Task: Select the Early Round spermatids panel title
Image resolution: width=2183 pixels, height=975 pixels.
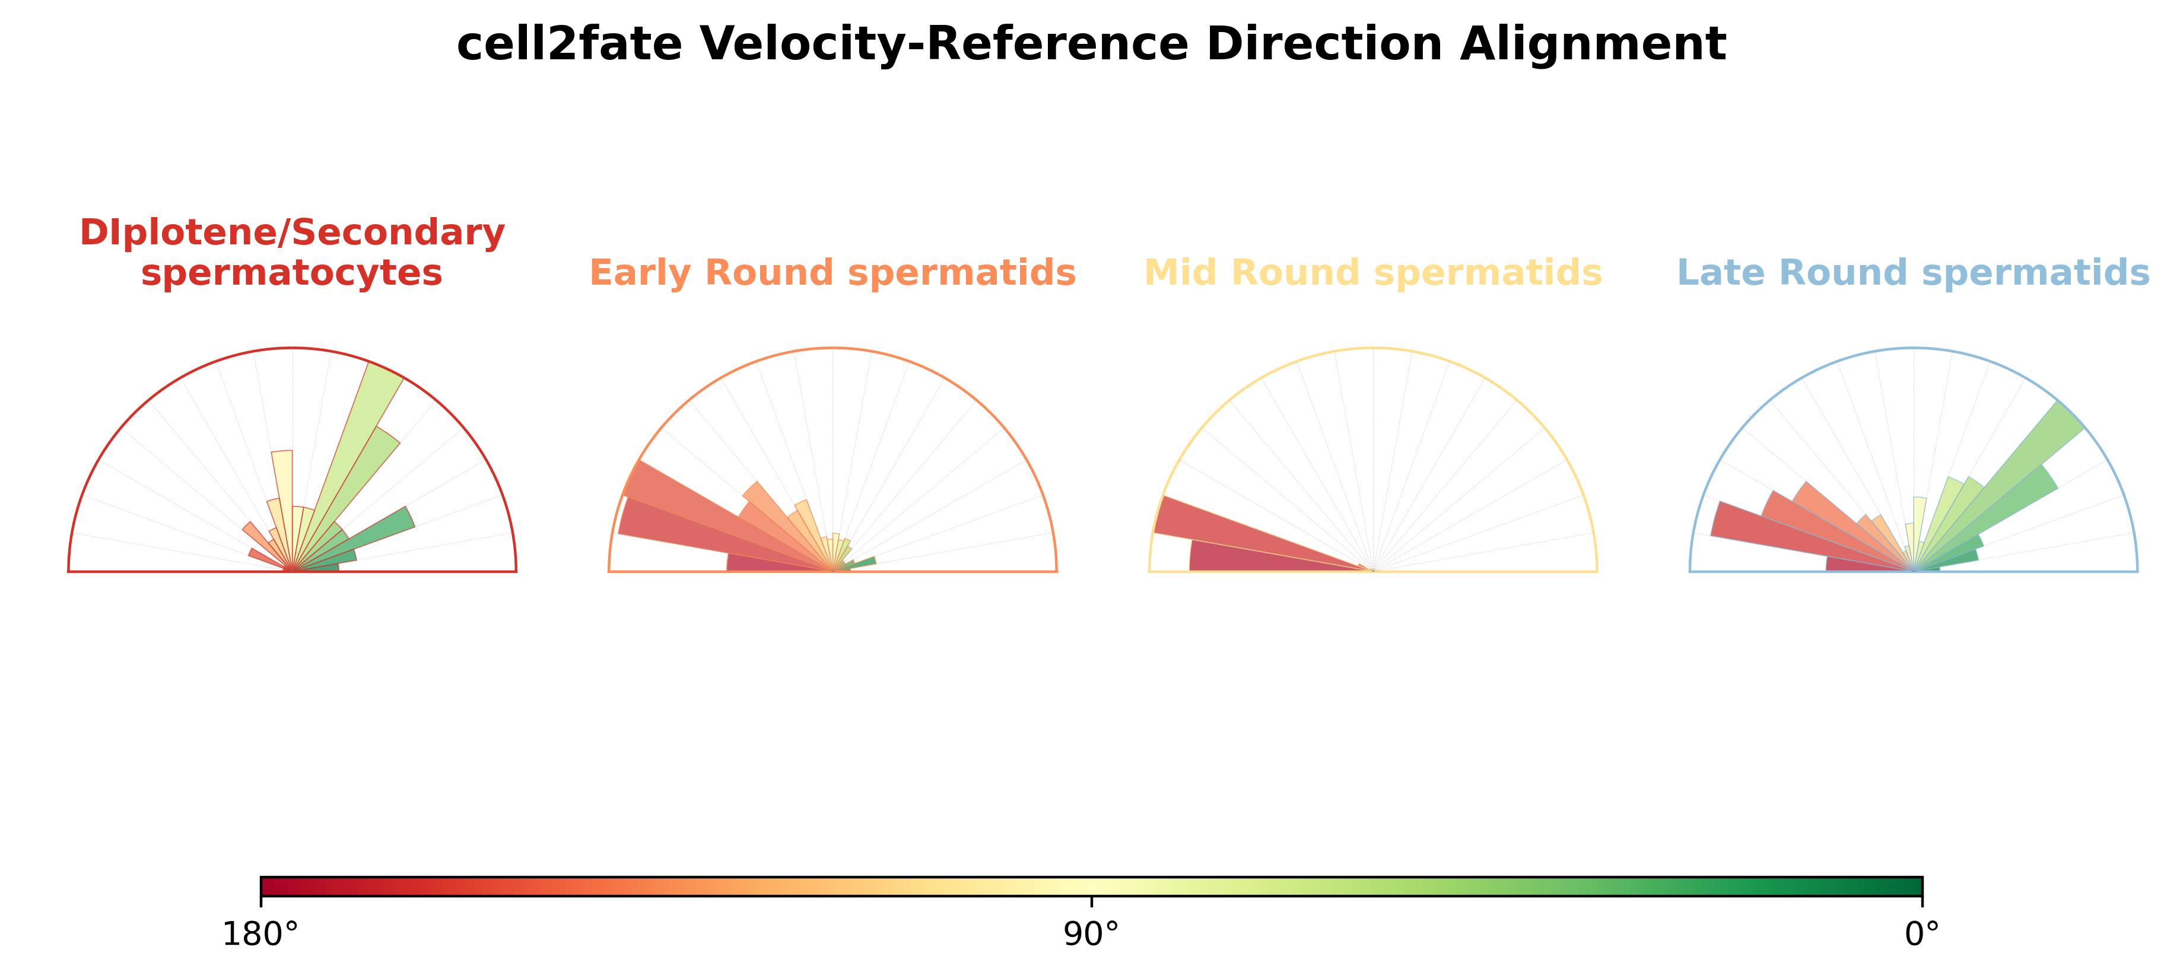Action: point(832,273)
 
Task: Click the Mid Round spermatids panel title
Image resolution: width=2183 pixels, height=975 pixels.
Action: point(1373,273)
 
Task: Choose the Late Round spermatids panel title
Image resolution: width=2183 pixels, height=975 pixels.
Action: point(1914,273)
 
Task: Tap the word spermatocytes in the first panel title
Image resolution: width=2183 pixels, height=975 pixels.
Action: point(293,273)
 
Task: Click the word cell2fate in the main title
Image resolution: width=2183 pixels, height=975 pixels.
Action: point(568,43)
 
